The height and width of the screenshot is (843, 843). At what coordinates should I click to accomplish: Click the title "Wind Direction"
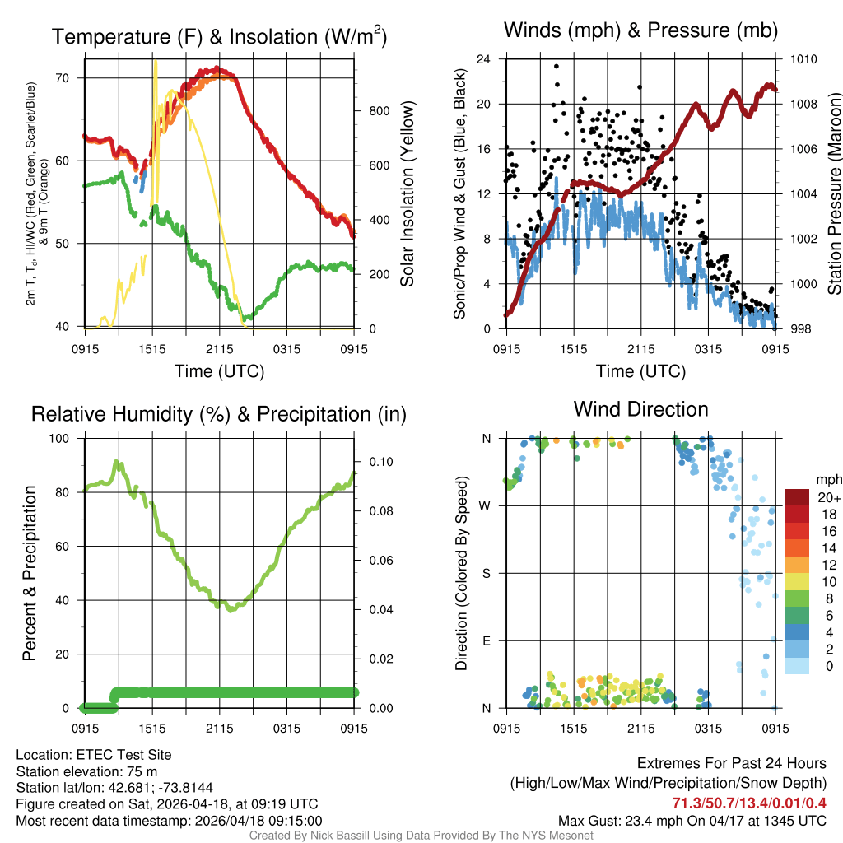(640, 409)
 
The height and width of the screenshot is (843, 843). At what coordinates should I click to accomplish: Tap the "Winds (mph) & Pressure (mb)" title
(640, 31)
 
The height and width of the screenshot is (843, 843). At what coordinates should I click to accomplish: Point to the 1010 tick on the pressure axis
(802, 59)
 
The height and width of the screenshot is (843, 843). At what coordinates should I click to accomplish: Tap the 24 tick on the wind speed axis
(484, 59)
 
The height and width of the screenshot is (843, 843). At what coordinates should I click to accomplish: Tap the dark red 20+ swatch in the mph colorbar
(798, 497)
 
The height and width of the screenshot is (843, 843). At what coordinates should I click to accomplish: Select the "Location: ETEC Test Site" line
(94, 755)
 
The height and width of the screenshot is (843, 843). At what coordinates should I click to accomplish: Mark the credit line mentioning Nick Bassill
(421, 836)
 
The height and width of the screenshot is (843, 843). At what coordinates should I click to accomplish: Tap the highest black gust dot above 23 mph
(557, 67)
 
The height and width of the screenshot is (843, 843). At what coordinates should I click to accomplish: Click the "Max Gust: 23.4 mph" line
(692, 820)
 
